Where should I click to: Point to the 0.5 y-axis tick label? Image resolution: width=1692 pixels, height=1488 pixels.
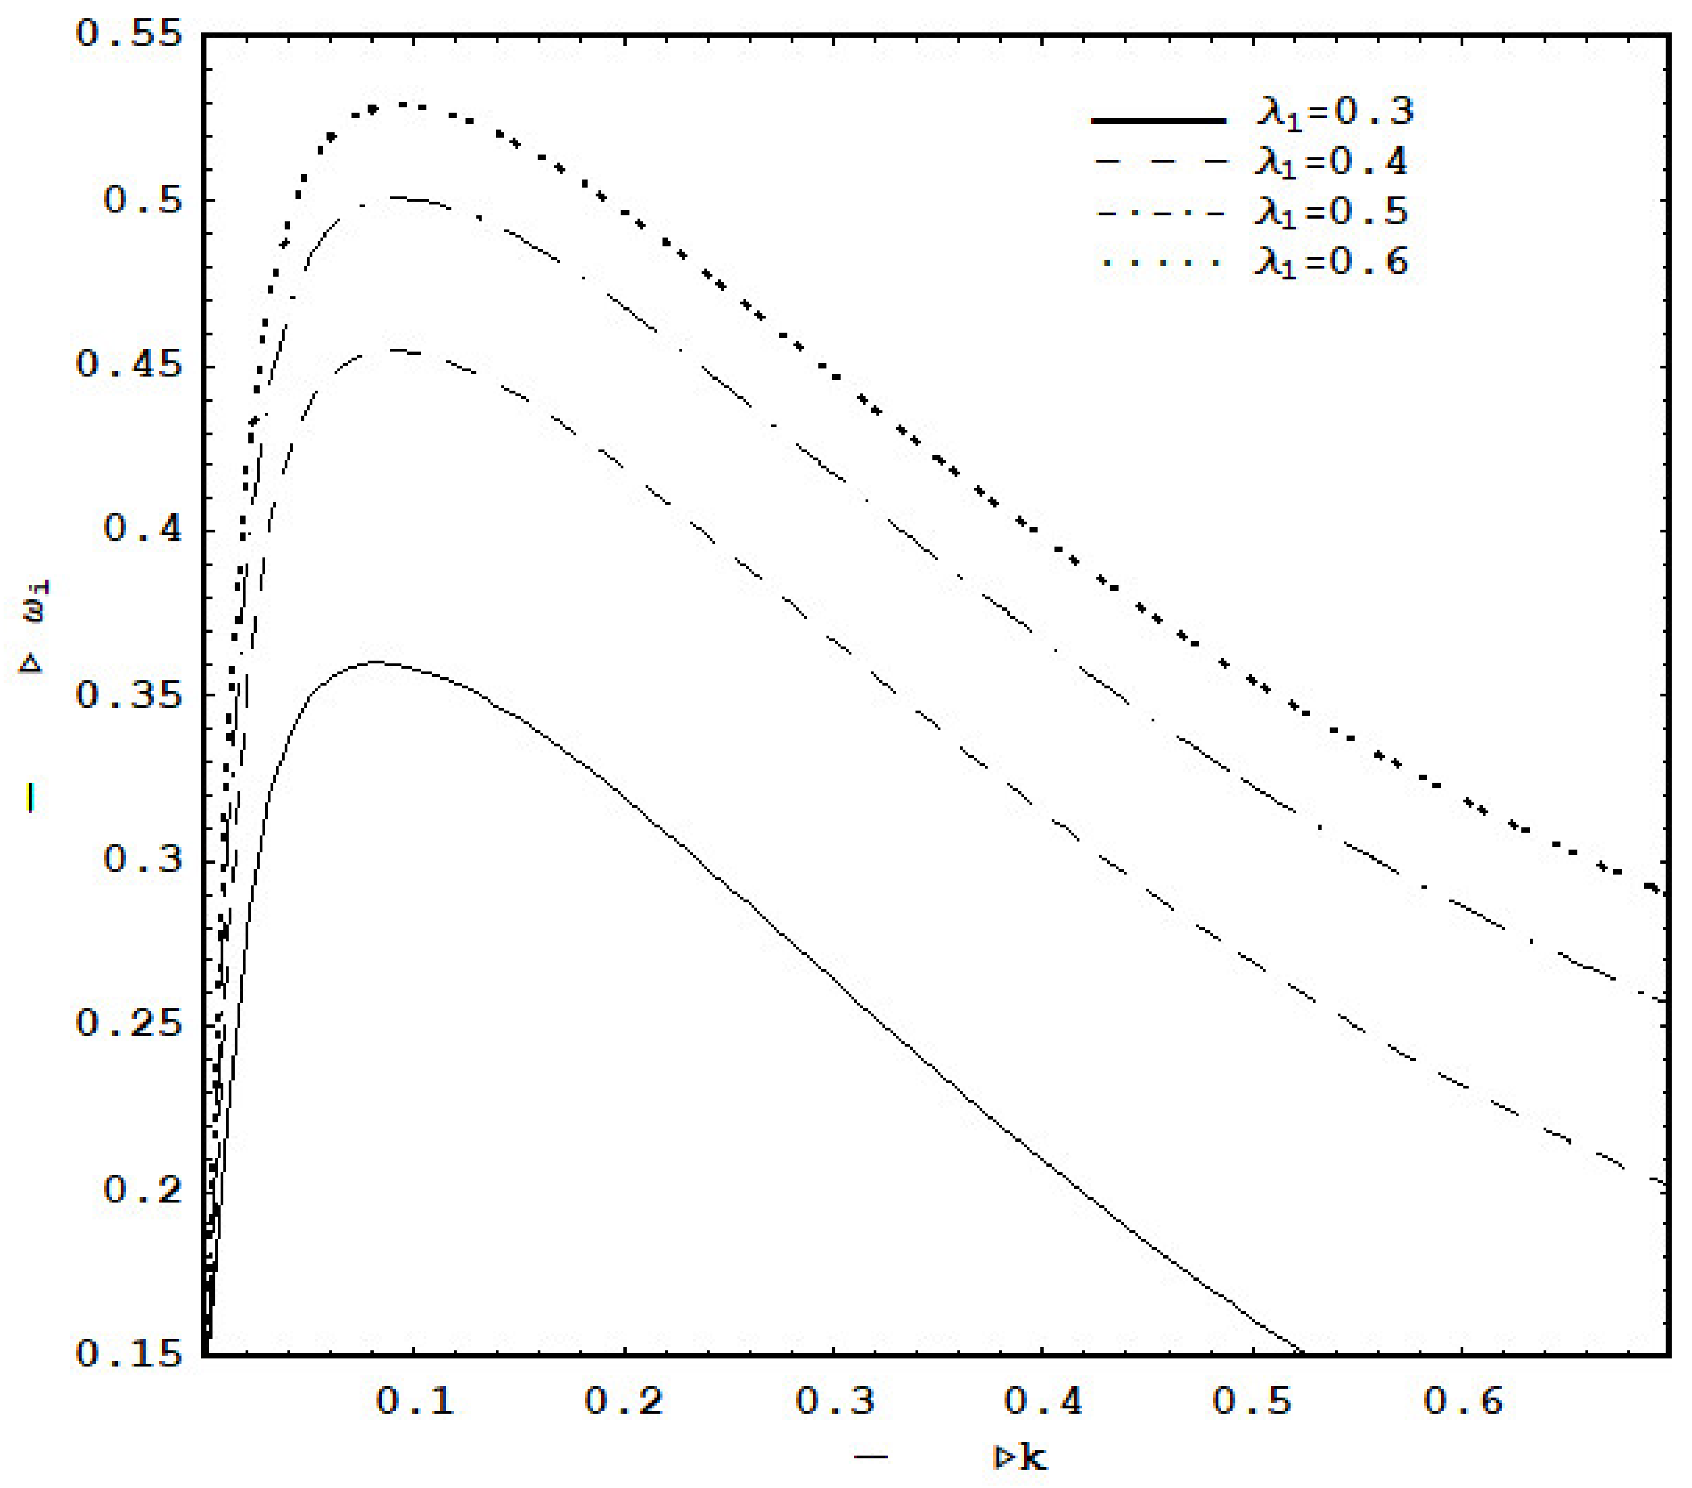tap(142, 200)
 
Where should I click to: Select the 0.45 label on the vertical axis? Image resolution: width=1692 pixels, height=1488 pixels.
tap(128, 365)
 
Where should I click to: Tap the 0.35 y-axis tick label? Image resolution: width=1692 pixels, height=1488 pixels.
tap(128, 694)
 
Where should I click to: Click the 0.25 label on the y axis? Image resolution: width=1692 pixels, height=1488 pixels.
tap(128, 1024)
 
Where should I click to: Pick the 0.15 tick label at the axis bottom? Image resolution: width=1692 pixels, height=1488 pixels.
tap(128, 1354)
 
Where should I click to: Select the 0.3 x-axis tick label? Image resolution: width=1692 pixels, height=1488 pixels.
tap(835, 1401)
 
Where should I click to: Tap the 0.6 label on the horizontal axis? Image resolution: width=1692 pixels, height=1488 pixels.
tap(1463, 1401)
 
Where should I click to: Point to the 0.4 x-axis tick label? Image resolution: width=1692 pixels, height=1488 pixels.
tap(1044, 1401)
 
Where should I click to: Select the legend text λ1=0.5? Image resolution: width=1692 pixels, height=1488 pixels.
tap(1331, 213)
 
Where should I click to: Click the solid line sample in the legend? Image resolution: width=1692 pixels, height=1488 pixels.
tap(1159, 121)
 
